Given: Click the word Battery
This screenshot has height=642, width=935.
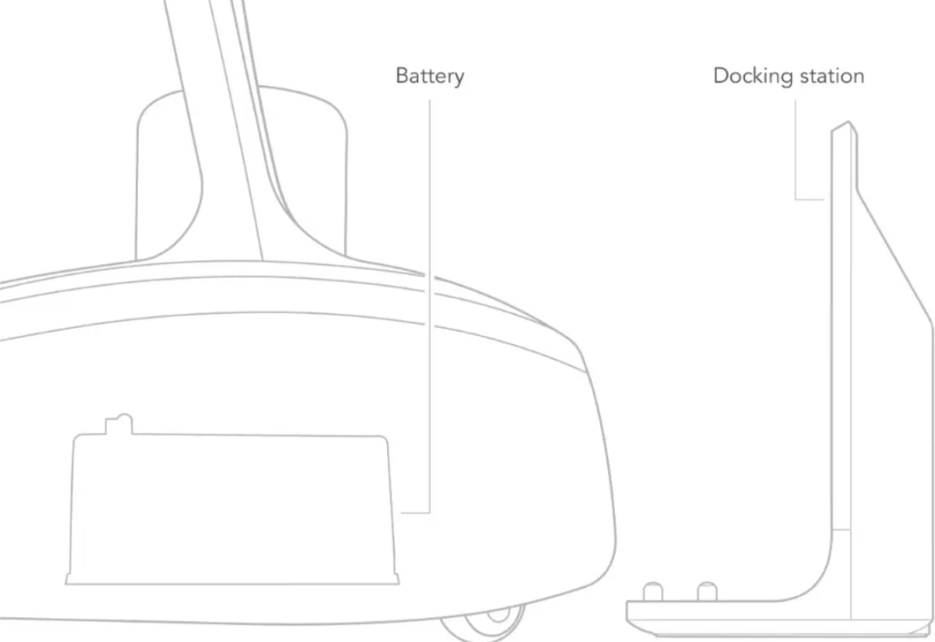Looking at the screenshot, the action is point(430,77).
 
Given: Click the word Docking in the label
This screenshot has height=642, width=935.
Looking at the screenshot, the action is point(753,77).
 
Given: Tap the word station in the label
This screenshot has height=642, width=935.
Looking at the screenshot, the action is point(832,76).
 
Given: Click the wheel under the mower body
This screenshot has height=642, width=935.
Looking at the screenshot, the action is point(484,626).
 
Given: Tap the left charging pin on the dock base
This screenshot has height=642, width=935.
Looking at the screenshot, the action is point(653,591).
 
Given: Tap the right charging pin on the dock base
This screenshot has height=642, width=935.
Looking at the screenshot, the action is point(708,591).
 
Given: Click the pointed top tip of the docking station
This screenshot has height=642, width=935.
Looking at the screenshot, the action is point(848,121).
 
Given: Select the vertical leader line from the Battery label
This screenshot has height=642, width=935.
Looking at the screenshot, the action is point(429,306).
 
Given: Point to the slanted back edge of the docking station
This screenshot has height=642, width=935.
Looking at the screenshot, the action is point(895,258).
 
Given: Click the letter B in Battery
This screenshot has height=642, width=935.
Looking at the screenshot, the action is point(402,76).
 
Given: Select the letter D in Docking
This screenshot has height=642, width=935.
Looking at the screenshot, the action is point(721,76).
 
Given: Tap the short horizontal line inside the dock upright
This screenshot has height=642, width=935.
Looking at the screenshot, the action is point(841,530).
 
